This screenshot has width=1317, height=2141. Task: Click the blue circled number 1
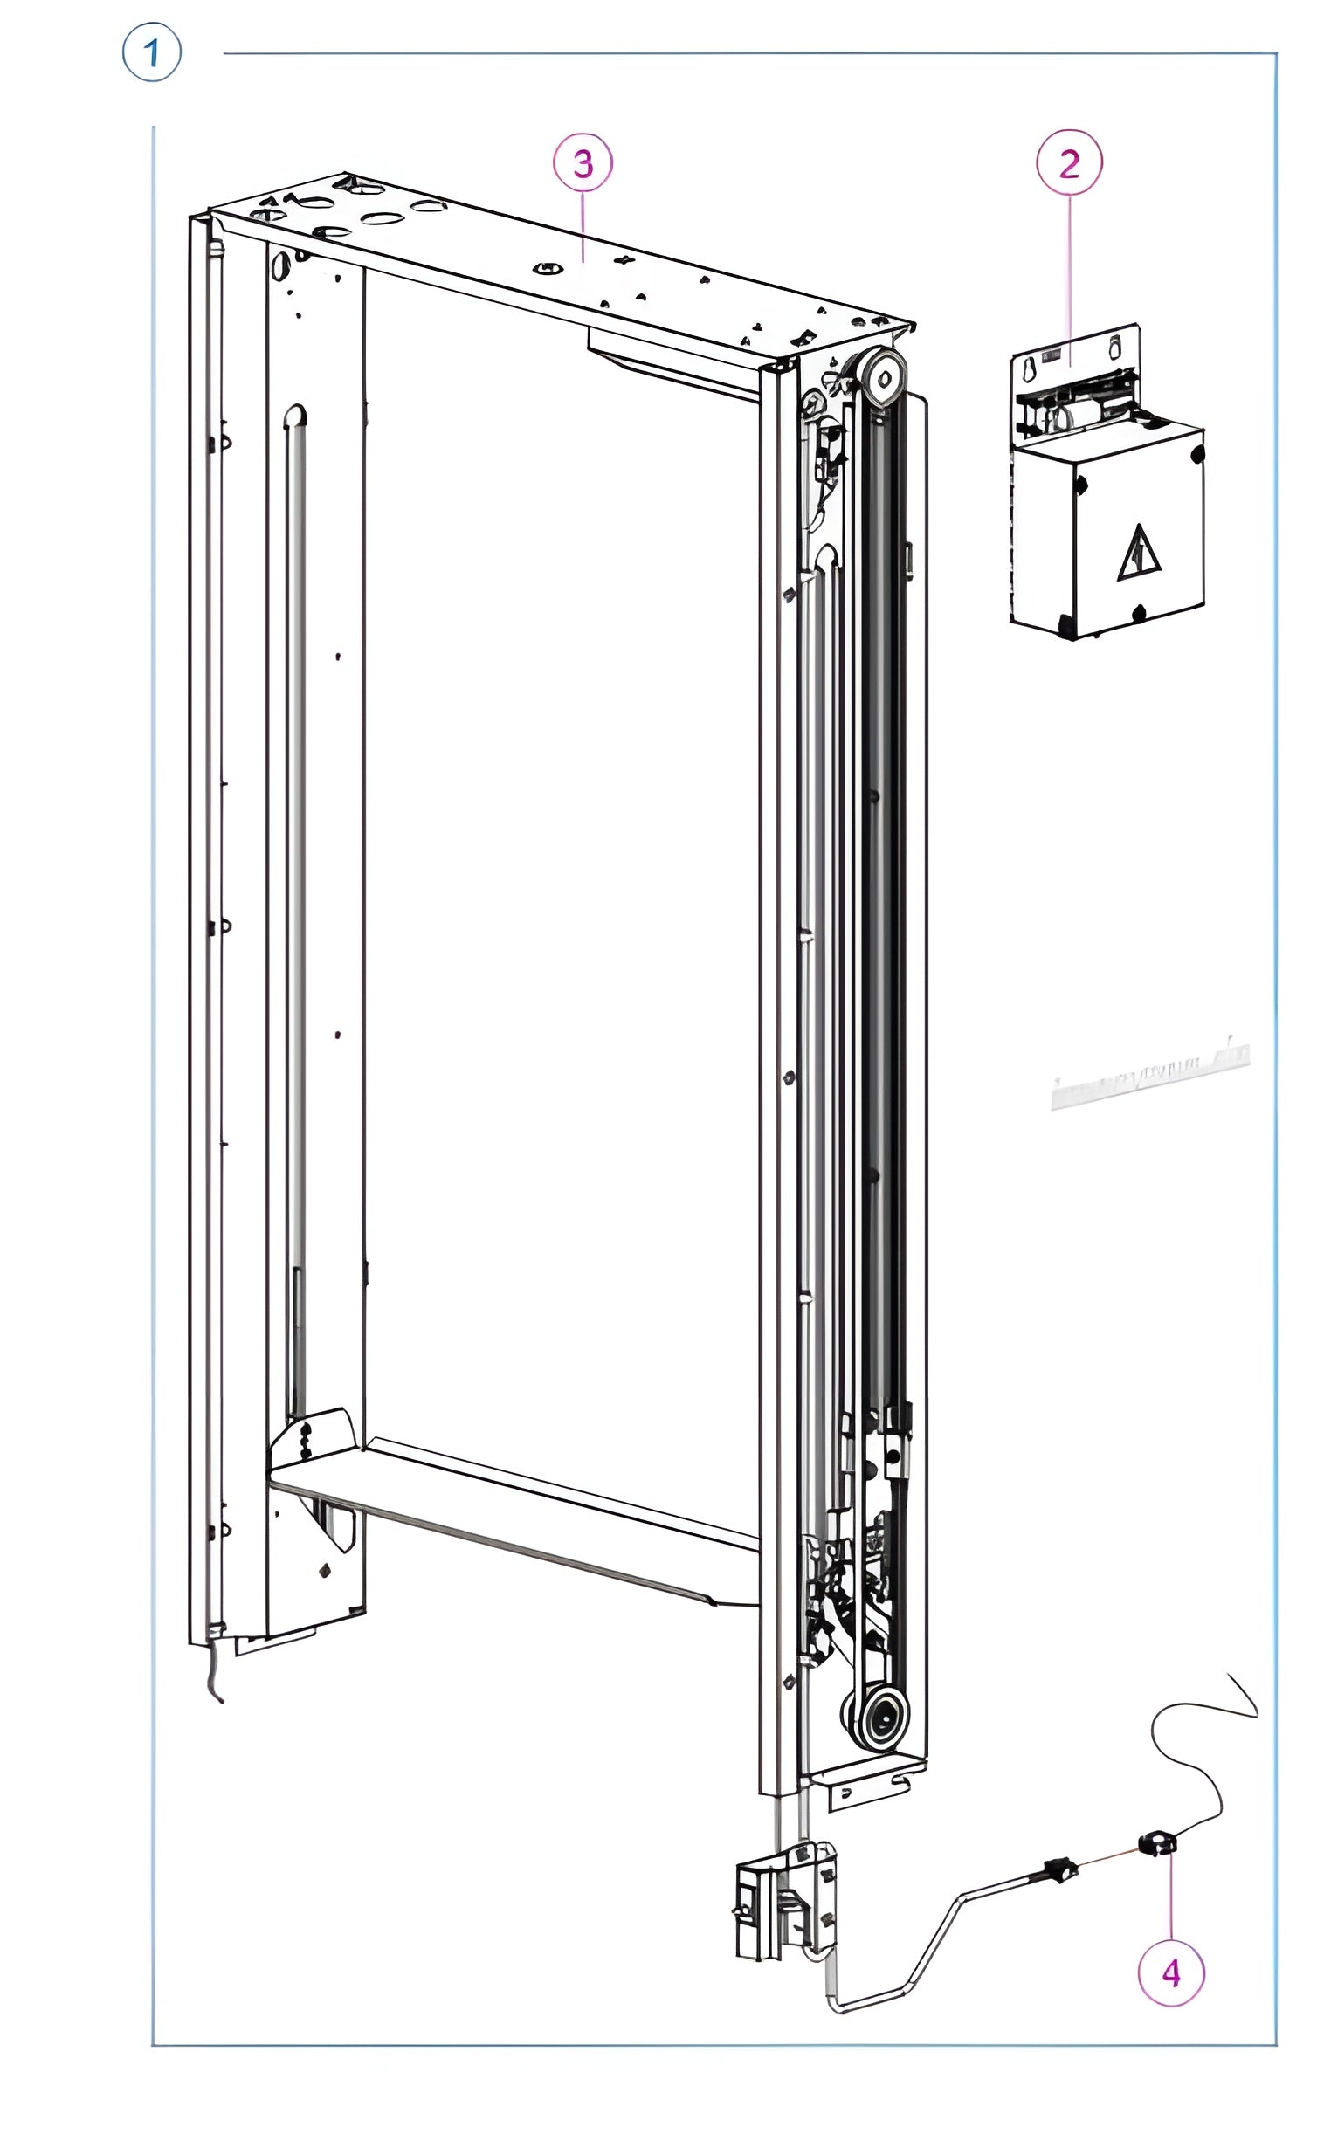[x=152, y=53]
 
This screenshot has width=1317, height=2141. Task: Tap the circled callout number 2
[x=1069, y=163]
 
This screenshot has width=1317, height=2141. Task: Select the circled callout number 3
[x=583, y=163]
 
